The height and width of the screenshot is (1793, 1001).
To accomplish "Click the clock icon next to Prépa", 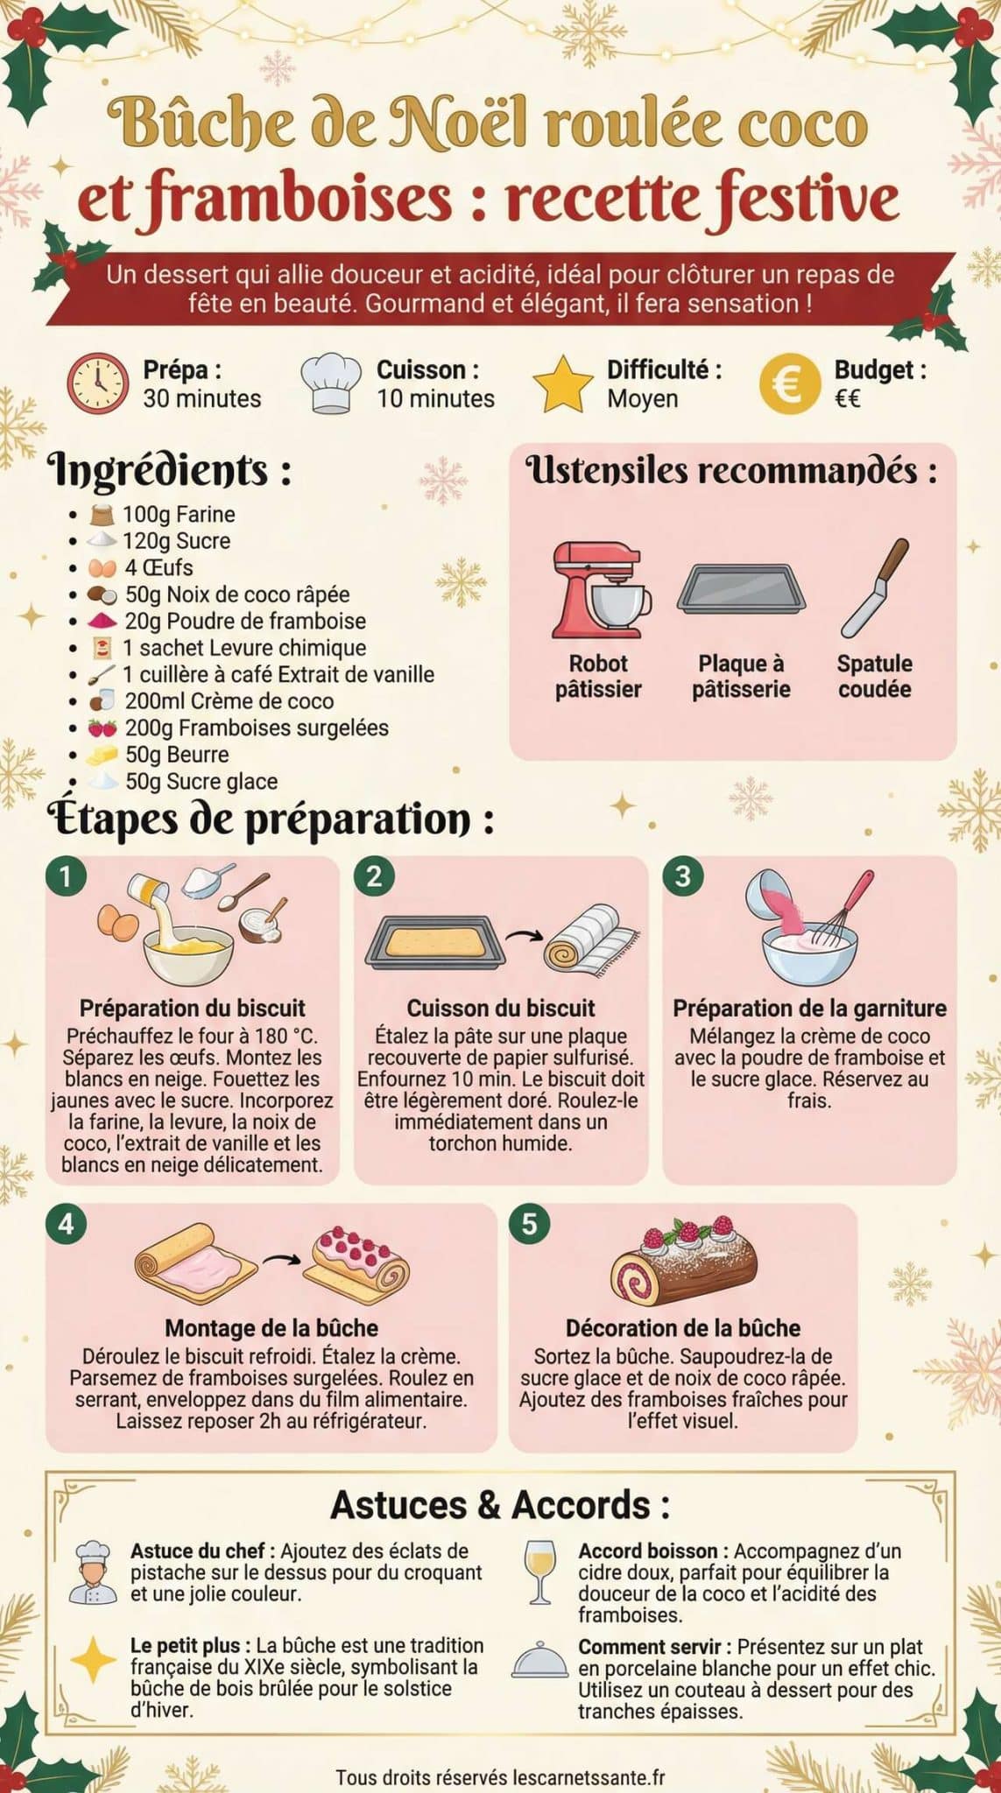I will coord(97,383).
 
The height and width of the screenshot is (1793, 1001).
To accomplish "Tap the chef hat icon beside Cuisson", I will coord(331,383).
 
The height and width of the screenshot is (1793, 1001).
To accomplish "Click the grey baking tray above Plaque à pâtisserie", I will coord(741,587).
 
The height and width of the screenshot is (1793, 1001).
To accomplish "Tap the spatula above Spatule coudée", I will coord(874,587).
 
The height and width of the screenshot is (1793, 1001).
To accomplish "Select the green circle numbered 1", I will coord(67,875).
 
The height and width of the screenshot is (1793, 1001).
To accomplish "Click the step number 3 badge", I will coord(683,875).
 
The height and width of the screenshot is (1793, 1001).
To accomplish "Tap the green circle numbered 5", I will coord(529,1223).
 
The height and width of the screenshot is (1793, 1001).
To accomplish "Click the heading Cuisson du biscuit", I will coord(500,1008).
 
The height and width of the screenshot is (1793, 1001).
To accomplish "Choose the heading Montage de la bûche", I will coord(271,1328).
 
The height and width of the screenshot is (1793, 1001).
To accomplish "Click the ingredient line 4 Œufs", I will coord(158,567).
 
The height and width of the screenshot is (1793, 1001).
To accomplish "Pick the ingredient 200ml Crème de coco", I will coord(229,701).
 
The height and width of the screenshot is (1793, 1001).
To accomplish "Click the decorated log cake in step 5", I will coord(684,1262).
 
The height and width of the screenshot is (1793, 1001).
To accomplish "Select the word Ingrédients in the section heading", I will coord(159,470).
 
